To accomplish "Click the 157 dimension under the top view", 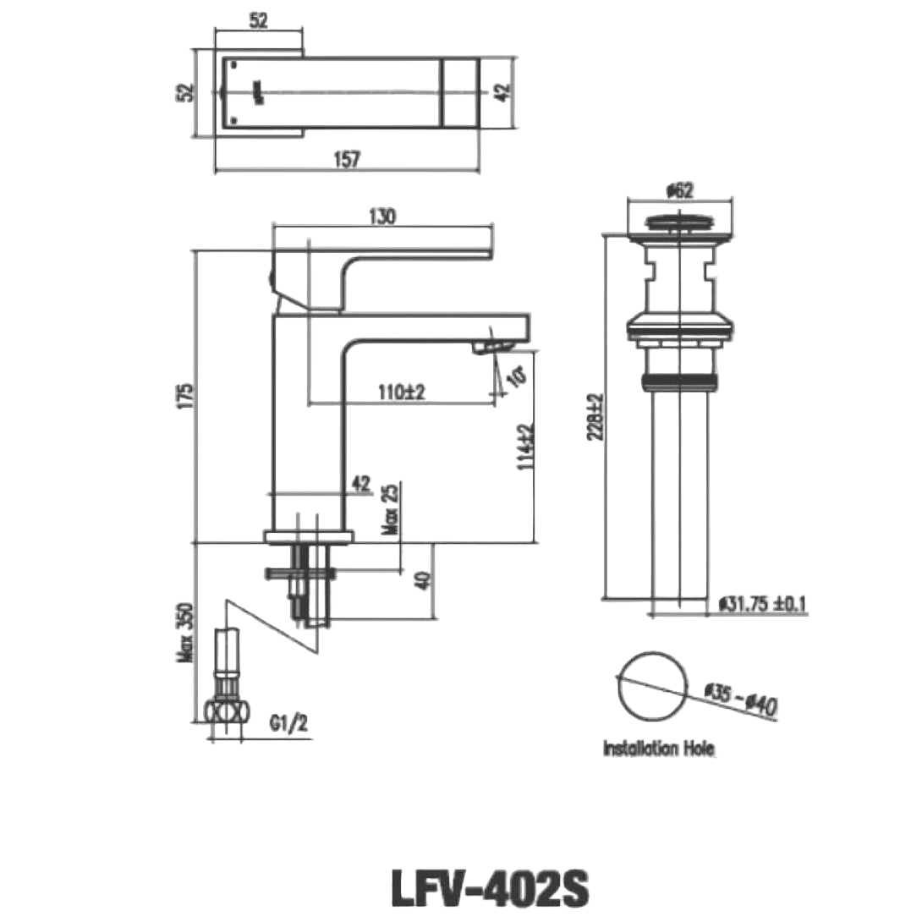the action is coord(347,158).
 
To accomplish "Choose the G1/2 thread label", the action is coord(287,724).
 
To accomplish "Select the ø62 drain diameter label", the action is coord(679,191).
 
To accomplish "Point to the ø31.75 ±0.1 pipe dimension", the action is coord(762,604).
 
